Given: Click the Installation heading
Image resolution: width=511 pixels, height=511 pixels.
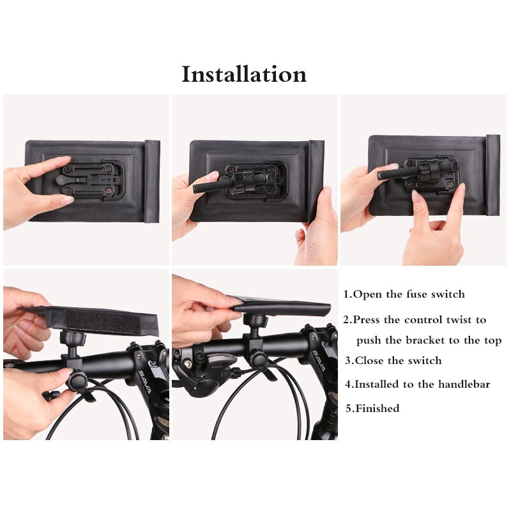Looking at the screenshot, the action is tap(244, 74).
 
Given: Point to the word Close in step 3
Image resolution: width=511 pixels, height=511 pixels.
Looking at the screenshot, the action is tap(370, 360).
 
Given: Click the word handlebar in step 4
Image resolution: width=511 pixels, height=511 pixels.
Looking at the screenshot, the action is tap(464, 385).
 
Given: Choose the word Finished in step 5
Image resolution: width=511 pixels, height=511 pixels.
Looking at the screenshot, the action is tap(378, 408).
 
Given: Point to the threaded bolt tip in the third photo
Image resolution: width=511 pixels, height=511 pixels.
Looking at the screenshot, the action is tap(381, 176).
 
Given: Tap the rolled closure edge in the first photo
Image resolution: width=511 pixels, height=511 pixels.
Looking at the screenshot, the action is tap(152, 181).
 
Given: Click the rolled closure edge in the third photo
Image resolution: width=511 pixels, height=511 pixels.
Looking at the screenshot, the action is tap(492, 175).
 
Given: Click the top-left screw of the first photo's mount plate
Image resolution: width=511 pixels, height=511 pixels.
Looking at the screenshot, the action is tap(68, 169).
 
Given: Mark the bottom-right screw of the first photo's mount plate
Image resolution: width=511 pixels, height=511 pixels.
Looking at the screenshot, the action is tap(107, 192).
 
